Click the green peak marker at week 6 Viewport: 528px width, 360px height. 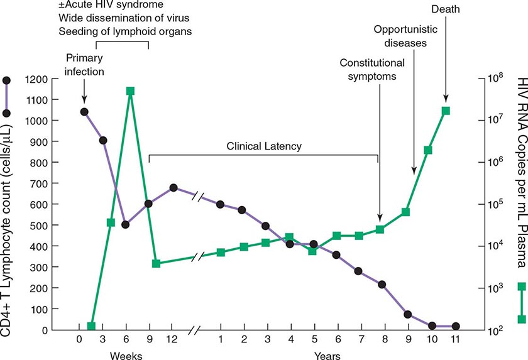tap(130, 91)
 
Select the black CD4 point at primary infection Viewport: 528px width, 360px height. tap(84, 112)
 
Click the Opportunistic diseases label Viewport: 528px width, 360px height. tap(400, 36)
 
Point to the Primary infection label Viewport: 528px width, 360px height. tap(85, 65)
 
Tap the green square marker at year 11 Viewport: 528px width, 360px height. tap(446, 111)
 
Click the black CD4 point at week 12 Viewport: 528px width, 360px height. tap(173, 187)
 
